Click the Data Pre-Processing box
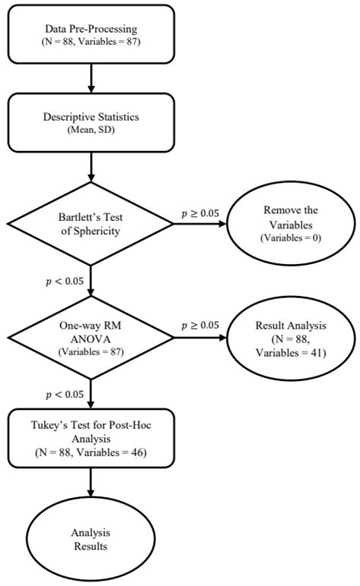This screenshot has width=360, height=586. tap(90, 34)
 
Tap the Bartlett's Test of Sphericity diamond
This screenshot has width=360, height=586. tap(90, 225)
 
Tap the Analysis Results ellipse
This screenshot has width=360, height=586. tap(90, 540)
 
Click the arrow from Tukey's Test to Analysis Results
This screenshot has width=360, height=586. tap(90, 482)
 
